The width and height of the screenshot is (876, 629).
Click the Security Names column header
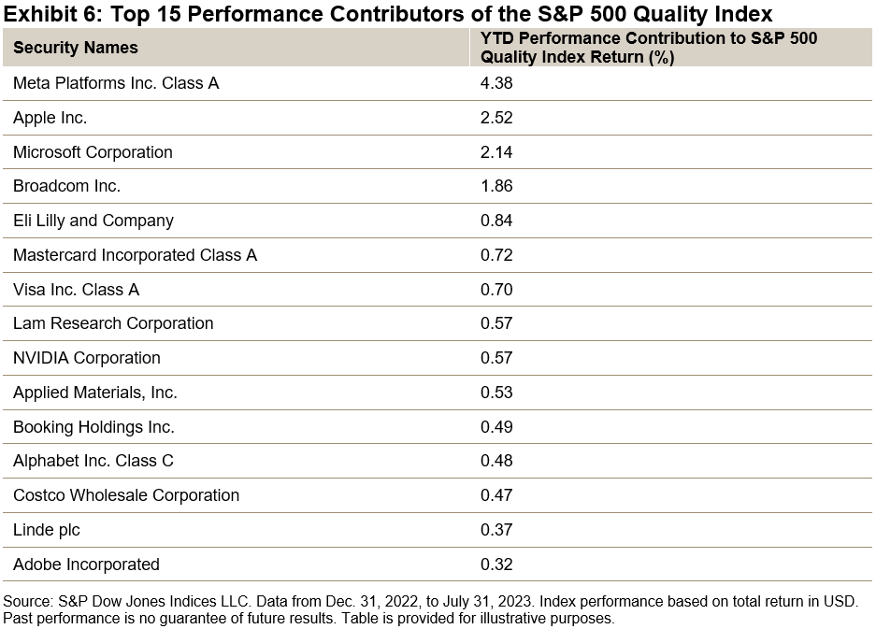click(75, 48)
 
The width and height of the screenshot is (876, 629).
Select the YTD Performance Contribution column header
click(648, 48)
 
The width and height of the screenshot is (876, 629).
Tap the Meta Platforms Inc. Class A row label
click(116, 83)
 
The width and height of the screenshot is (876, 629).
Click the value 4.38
click(496, 83)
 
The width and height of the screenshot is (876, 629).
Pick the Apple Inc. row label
click(50, 118)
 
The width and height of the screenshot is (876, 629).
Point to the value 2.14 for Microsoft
click(496, 152)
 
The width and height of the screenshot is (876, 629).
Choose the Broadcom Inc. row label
click(66, 186)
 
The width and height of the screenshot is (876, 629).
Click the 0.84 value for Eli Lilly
click(496, 221)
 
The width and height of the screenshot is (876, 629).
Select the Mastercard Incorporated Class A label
click(135, 255)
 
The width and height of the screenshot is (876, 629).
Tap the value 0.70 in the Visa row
click(496, 290)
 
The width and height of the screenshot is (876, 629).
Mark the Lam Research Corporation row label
click(113, 323)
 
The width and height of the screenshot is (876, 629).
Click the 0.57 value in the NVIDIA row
click(496, 358)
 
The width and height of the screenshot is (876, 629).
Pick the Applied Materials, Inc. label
click(95, 393)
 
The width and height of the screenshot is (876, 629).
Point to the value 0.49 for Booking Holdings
click(496, 427)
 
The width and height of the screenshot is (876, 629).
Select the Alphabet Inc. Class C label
click(93, 461)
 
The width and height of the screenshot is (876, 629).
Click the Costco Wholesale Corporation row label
click(126, 495)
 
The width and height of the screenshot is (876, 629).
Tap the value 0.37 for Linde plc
click(496, 530)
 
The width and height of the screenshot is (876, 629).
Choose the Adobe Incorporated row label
click(86, 565)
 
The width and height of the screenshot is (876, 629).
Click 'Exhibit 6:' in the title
click(47, 14)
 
